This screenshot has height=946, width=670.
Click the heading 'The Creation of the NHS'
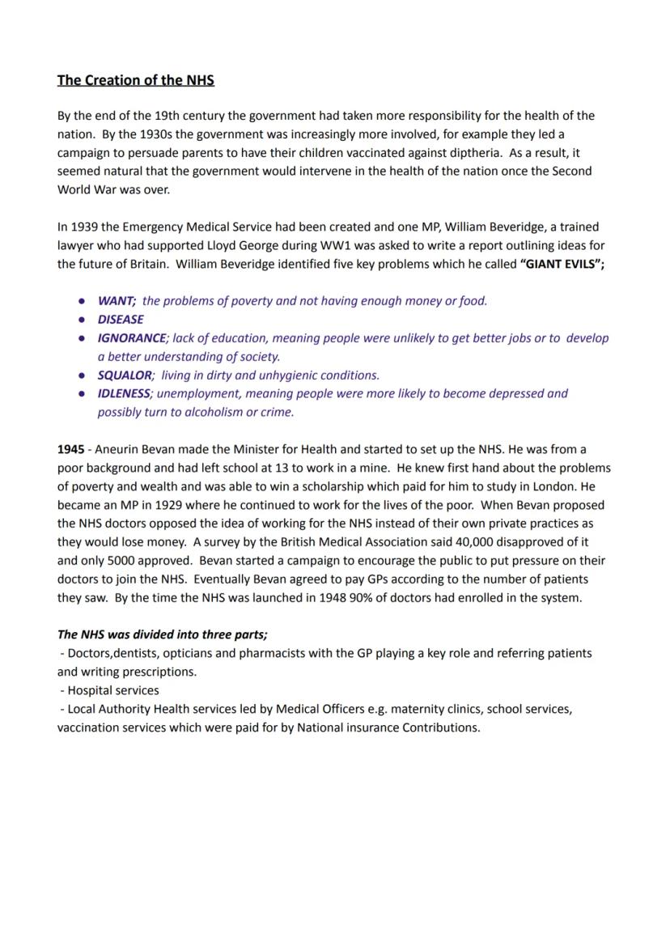pos(135,80)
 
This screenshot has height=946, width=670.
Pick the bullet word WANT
pos(116,301)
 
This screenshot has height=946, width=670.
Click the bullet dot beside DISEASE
pos(83,320)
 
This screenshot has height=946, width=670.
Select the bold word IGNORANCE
pos(132,338)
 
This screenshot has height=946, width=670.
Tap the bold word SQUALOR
pos(125,375)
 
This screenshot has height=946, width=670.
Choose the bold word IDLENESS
pos(124,394)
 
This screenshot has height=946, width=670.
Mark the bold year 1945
pos(70,450)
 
